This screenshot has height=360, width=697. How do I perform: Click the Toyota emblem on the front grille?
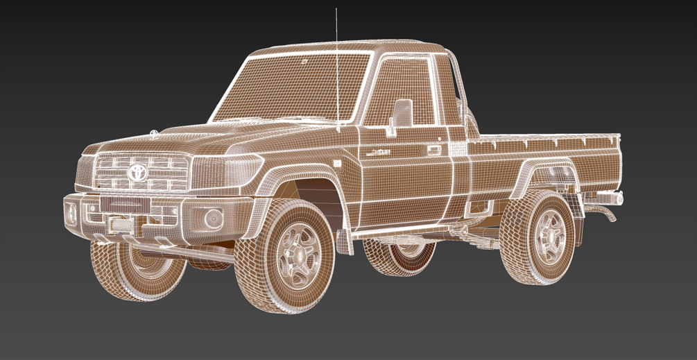pyautogui.click(x=137, y=173)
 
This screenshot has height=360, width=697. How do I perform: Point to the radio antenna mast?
pyautogui.click(x=336, y=69)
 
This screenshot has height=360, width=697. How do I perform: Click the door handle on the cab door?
pyautogui.click(x=434, y=149)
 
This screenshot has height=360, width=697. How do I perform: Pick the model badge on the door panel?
pyautogui.click(x=379, y=152)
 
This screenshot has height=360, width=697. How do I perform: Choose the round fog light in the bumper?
pyautogui.click(x=212, y=218)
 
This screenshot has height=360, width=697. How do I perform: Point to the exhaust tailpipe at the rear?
pyautogui.click(x=610, y=215)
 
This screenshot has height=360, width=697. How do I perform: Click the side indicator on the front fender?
pyautogui.click(x=337, y=164)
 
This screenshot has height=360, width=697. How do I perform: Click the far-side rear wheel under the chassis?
pyautogui.click(x=402, y=257)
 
